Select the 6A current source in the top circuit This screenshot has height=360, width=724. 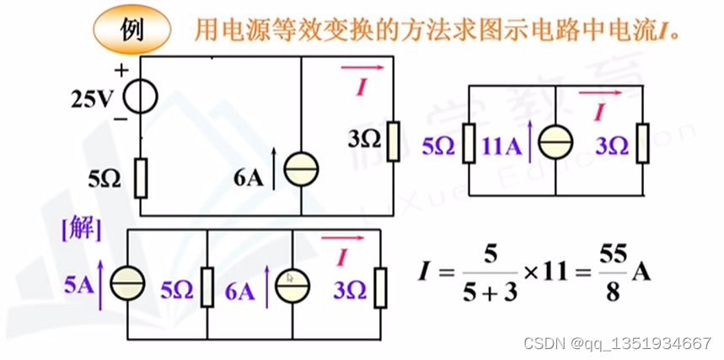(301, 171)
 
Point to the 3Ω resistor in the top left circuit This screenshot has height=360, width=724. (393, 141)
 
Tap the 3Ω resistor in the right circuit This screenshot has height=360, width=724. (643, 143)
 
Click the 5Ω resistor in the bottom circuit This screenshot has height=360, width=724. (207, 286)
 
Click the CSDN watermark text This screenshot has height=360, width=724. (617, 343)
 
